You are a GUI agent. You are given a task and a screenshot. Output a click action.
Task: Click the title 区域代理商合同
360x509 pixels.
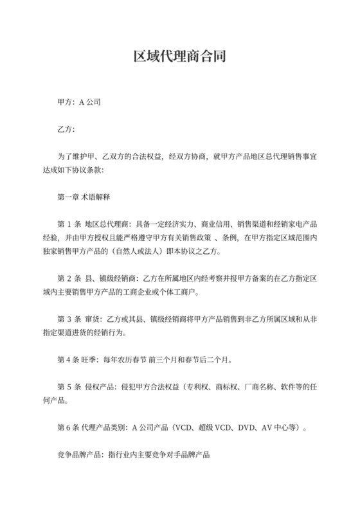pos(179,57)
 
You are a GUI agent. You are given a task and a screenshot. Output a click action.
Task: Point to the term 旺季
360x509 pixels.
pos(94,359)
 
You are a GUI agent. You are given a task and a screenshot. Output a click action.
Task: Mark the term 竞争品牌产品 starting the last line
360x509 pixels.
pos(77,453)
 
